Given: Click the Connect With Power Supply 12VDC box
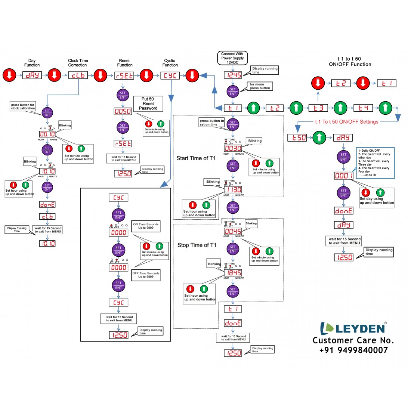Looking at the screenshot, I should [x=232, y=58].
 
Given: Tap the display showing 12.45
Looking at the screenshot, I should [x=233, y=75].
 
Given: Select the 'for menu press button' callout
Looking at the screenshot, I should [x=260, y=86].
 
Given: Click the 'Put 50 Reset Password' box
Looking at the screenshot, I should [x=148, y=103].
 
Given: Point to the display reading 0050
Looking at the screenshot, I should [x=123, y=111].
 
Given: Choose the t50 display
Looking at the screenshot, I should [x=297, y=137].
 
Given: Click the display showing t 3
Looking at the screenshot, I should [x=318, y=108].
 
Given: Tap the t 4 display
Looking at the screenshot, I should [x=363, y=108].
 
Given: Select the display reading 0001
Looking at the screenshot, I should [x=343, y=175].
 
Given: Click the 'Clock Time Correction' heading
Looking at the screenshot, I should [x=78, y=63].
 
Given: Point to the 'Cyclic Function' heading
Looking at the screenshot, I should [x=170, y=63].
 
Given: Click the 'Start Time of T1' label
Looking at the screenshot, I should [x=196, y=158].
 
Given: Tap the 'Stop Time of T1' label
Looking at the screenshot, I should [x=197, y=245].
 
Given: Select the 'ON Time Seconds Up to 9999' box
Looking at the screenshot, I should [x=146, y=226].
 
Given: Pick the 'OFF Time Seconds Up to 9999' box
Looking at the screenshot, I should [x=146, y=275].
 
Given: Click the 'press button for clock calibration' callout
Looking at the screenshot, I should [x=23, y=107].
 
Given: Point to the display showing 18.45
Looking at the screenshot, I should [x=233, y=273].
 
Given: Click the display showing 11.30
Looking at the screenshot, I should [x=233, y=190].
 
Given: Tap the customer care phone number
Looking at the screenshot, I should [x=353, y=350].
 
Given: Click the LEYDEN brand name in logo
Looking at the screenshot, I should [x=361, y=328].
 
